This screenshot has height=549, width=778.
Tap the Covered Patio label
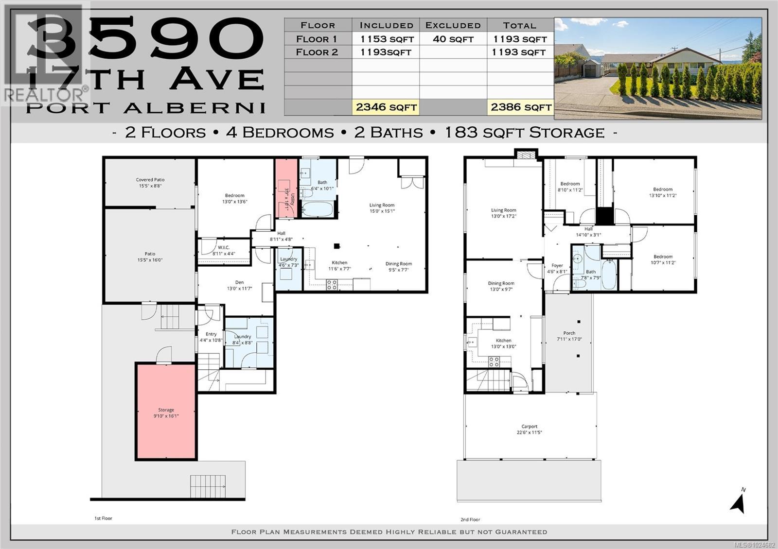[150, 182]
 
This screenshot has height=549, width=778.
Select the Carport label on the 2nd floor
[530, 429]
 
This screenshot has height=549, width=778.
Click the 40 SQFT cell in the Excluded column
[453, 39]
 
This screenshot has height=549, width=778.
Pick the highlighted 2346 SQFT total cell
[386, 107]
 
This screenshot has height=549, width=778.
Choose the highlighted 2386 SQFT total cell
[520, 107]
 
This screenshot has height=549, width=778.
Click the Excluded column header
[453, 25]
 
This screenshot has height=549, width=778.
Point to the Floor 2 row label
[317, 52]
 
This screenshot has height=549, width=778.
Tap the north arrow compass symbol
[739, 503]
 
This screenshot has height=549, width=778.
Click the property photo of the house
[657, 68]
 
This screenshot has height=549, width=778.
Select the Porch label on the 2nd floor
[569, 336]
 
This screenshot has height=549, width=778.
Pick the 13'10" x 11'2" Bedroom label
[662, 192]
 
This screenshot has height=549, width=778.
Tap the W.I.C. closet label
[223, 250]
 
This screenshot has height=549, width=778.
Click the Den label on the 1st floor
[239, 285]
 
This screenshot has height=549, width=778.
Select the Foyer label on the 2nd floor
[557, 268]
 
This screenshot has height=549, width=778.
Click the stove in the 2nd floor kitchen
[494, 361]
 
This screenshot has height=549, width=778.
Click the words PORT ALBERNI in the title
[146, 107]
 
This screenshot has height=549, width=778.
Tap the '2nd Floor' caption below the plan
[470, 519]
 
